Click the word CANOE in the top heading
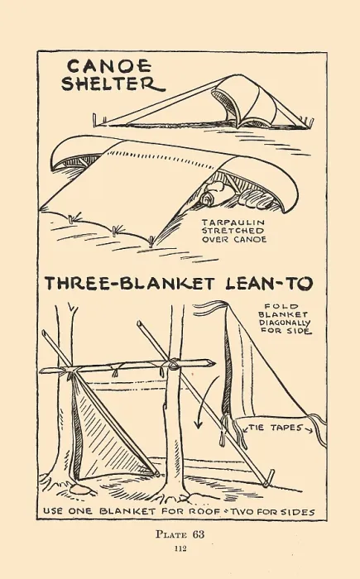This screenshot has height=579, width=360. (109, 66)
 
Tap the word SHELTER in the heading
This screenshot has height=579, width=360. (113, 84)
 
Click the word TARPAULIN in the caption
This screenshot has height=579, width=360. (233, 223)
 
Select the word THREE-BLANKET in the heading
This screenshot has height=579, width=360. (129, 284)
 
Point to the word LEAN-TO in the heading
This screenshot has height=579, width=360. (269, 284)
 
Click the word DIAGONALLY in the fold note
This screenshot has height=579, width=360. (285, 323)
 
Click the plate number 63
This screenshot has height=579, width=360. (198, 534)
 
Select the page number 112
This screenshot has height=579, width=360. (180, 548)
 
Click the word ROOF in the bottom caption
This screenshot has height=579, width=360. (203, 512)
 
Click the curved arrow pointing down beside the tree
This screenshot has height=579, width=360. (205, 402)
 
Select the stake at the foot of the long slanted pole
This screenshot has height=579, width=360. (269, 478)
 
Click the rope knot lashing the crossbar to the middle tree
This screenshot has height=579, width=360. (173, 364)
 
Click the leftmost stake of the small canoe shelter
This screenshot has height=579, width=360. (94, 119)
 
